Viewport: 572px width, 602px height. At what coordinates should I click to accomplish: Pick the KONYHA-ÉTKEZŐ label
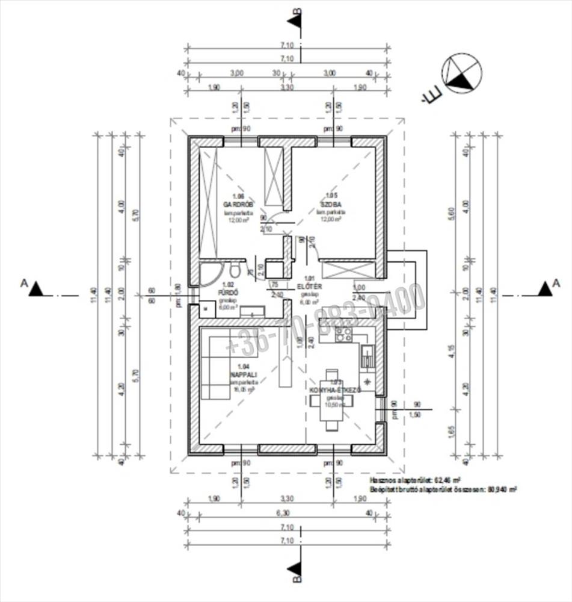coord(334,390)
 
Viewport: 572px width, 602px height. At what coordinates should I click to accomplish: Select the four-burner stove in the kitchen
coord(343,335)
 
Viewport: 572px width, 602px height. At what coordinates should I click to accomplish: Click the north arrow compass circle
coord(462,73)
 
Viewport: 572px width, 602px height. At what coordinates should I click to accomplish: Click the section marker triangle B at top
coord(295,20)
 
